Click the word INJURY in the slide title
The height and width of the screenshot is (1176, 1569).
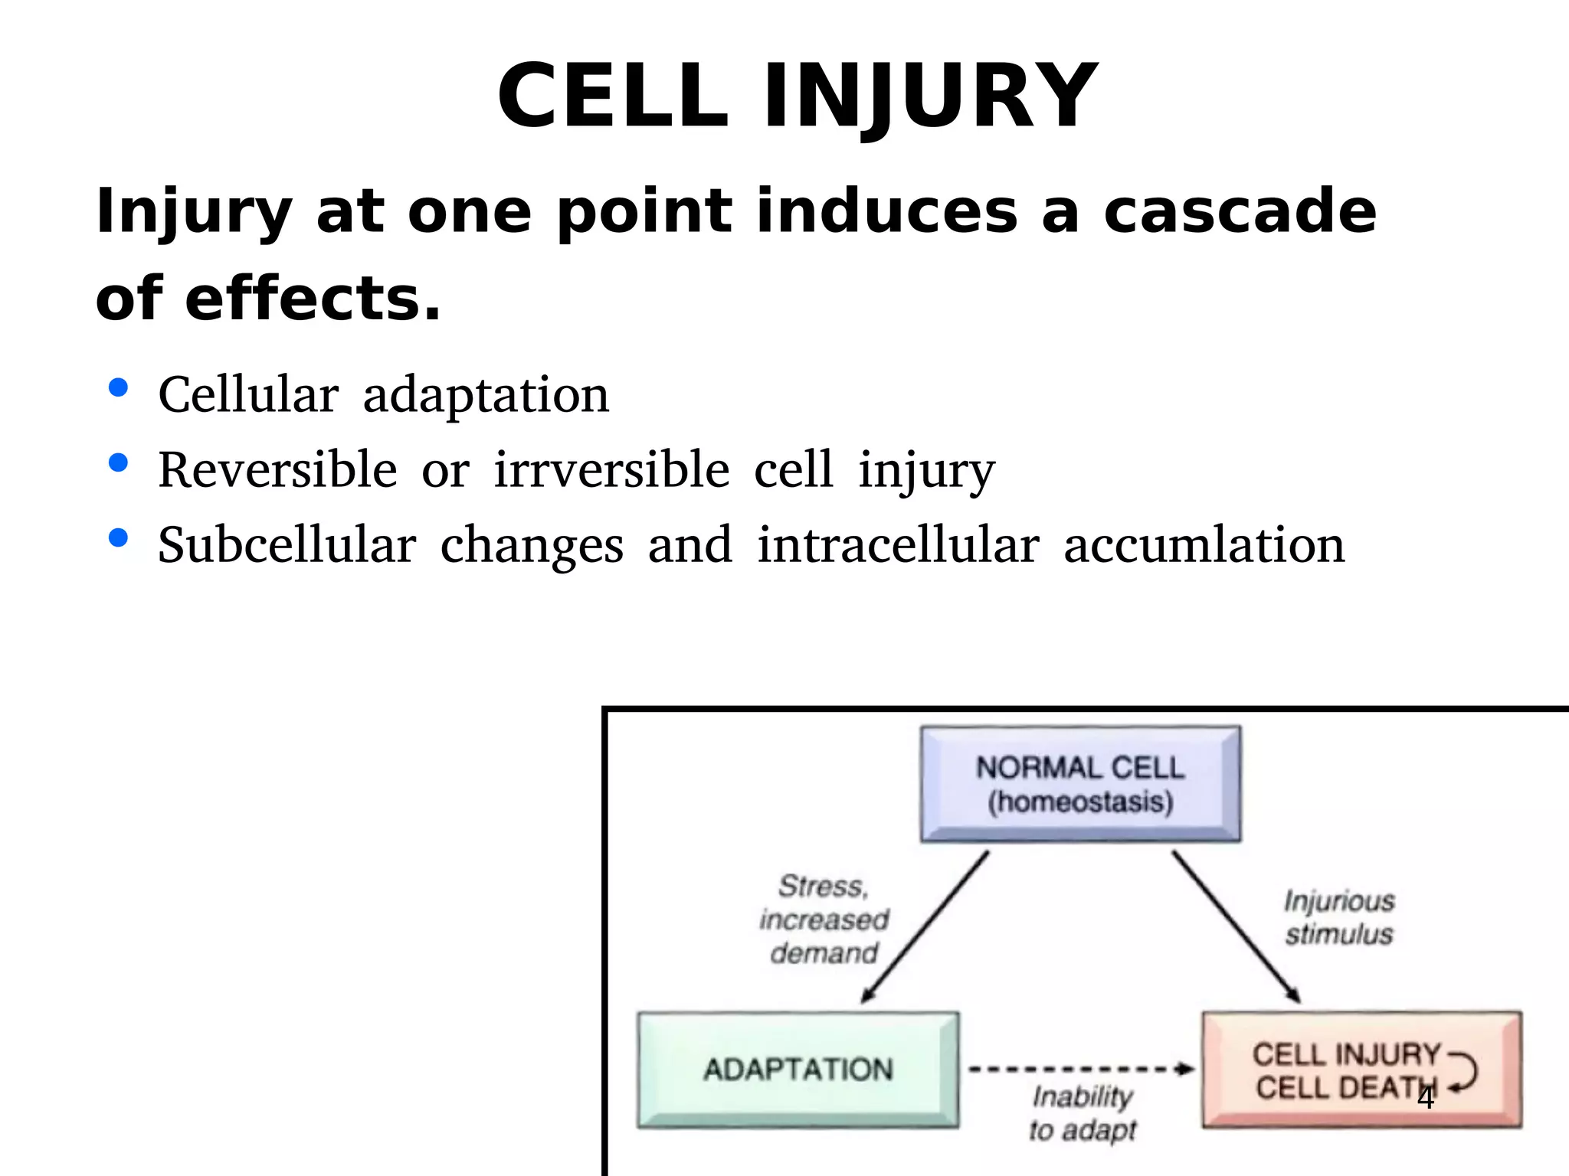pyautogui.click(x=931, y=97)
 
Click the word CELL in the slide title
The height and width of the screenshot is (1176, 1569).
pyautogui.click(x=613, y=97)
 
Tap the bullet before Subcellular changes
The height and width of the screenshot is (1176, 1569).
pyautogui.click(x=118, y=538)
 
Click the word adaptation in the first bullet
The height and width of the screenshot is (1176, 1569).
pyautogui.click(x=486, y=395)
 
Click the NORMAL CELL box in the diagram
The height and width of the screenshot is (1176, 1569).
pyautogui.click(x=1080, y=784)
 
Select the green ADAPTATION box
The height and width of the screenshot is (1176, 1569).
pyautogui.click(x=798, y=1070)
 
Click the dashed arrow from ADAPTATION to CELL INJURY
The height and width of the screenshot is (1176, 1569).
pyautogui.click(x=1080, y=1069)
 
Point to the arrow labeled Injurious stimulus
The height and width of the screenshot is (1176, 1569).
pyautogui.click(x=1235, y=926)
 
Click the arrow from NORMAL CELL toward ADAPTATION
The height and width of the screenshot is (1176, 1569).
pyautogui.click(x=925, y=926)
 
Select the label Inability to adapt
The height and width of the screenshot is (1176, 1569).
pyautogui.click(x=1082, y=1112)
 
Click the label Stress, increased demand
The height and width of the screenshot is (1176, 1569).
pyautogui.click(x=824, y=919)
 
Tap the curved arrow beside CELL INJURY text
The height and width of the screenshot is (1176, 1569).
pyautogui.click(x=1464, y=1070)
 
